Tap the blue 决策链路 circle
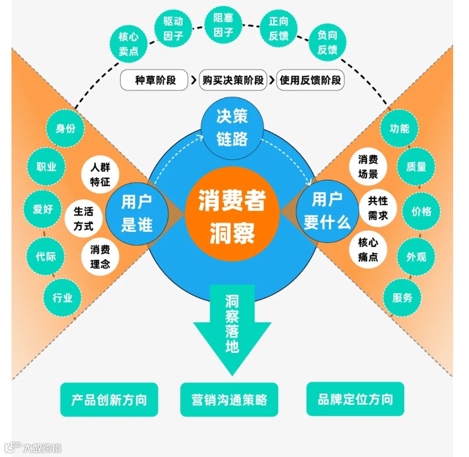(232, 127)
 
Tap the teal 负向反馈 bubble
(327, 42)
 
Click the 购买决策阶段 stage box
(232, 80)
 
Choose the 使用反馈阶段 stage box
(311, 80)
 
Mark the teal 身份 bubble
(65, 129)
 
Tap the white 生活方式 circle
(84, 218)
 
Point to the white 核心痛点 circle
(368, 249)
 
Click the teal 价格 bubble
(421, 211)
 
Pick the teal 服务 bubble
(402, 298)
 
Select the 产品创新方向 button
(109, 399)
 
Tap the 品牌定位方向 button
(355, 399)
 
